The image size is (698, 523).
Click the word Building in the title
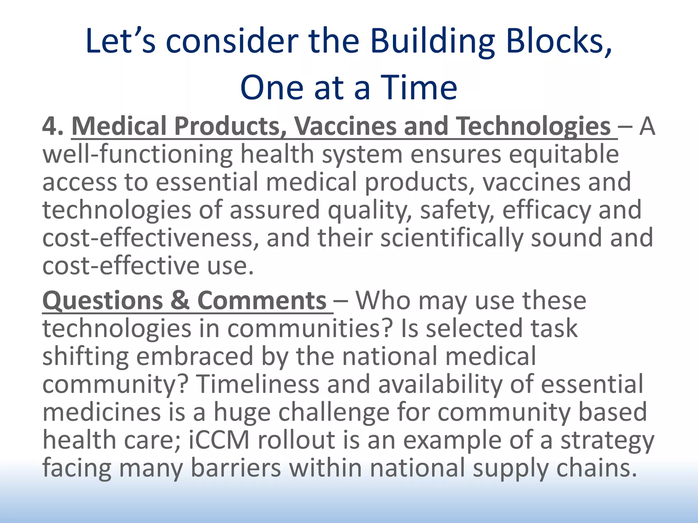tap(432, 42)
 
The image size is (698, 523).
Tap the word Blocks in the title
tap(559, 42)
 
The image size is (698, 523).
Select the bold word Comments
tap(262, 301)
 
